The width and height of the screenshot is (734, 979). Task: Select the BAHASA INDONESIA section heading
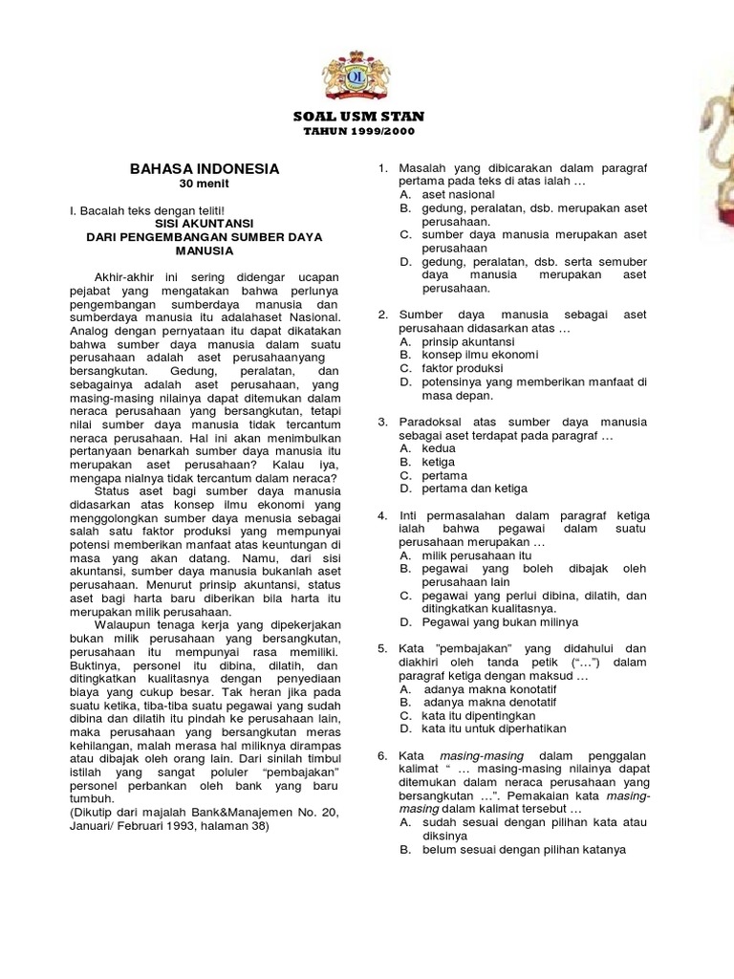(x=205, y=168)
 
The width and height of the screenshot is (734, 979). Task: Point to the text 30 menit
(x=205, y=184)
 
